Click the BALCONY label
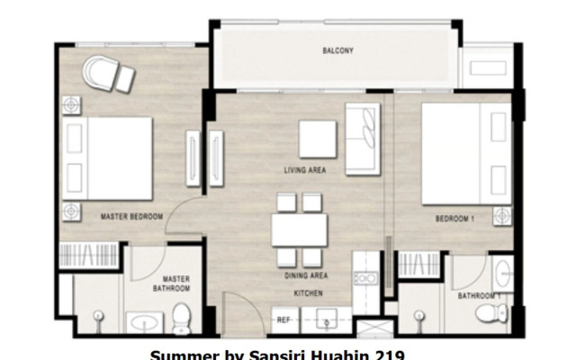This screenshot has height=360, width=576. [x=337, y=51]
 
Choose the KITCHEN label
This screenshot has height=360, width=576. [x=307, y=293]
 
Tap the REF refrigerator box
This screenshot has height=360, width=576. [x=283, y=319]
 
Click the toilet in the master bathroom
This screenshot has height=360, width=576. [x=183, y=316]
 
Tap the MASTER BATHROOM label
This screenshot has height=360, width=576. [x=176, y=284]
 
